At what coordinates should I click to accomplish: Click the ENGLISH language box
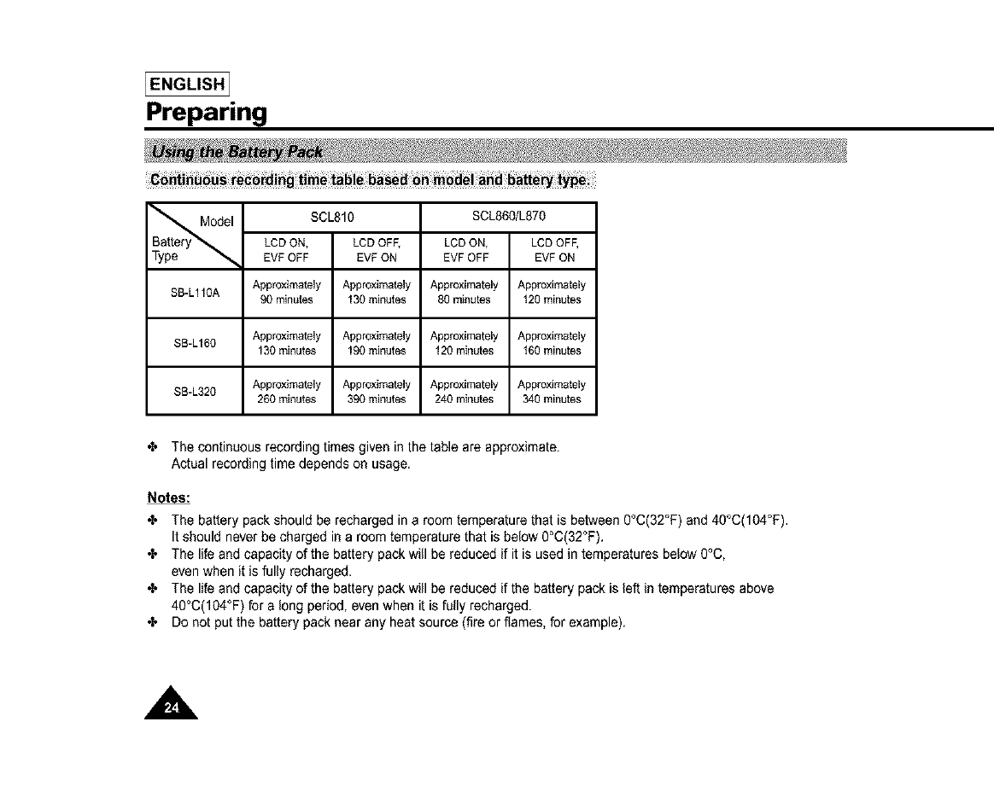tap(187, 84)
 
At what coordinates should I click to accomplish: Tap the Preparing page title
tap(207, 112)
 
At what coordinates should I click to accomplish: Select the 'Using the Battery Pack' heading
tap(237, 152)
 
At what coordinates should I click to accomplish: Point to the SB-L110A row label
tap(196, 293)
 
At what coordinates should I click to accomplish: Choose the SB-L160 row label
tap(196, 343)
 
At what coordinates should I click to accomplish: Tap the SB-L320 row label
tap(196, 392)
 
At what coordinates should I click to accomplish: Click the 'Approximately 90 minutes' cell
tap(288, 293)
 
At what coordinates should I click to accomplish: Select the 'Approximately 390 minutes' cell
tap(376, 392)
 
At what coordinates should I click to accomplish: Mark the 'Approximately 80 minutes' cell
tap(465, 293)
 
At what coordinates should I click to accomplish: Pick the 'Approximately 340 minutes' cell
tap(553, 392)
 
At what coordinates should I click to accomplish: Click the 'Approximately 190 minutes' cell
tap(376, 343)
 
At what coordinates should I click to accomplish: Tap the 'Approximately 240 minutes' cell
tap(465, 392)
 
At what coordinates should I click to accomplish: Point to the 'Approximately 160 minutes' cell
tap(553, 343)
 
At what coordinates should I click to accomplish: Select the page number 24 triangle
tap(172, 705)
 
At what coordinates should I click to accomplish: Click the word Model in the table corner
tap(217, 222)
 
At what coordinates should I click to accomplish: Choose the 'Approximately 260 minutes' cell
tap(288, 392)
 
